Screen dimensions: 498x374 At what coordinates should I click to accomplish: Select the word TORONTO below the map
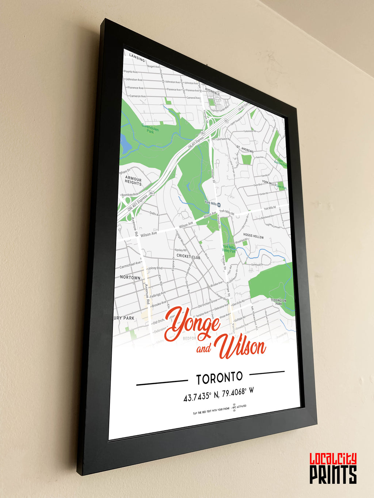coord(219,378)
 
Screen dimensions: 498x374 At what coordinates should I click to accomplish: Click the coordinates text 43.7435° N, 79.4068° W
coord(218,394)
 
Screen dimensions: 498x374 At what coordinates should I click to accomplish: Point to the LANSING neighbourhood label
coord(137,58)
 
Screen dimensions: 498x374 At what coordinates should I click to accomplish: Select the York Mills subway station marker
coord(219,205)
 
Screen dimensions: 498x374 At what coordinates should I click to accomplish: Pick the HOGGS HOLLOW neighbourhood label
coord(253,236)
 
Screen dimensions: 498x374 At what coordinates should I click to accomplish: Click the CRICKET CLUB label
coord(188,256)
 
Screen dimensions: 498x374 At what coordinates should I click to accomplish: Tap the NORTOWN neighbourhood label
coord(130,277)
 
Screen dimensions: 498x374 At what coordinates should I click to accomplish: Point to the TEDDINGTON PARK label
coord(278,302)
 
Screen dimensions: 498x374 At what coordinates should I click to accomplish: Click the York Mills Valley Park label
coord(229,249)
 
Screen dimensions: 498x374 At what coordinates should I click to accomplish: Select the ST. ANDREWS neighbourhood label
coord(245,149)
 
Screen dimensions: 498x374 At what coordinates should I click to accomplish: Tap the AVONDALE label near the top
coord(212,93)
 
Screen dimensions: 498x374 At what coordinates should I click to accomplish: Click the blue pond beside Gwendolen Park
coord(125,144)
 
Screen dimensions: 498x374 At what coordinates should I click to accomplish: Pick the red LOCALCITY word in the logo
coord(333,459)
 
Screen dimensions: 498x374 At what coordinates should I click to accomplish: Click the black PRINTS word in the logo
coord(333,474)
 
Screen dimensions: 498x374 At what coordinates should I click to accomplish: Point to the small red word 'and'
coord(204,349)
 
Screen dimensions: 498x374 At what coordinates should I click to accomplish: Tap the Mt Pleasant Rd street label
coord(254,319)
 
